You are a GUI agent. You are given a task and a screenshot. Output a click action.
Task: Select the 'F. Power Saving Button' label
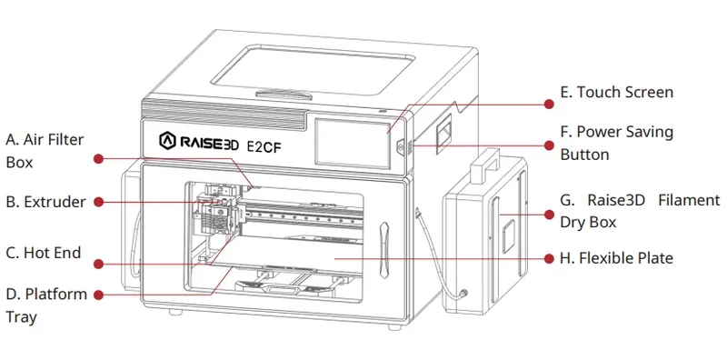pos(617,143)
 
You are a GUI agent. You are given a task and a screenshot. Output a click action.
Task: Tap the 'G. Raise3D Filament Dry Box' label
pos(640,210)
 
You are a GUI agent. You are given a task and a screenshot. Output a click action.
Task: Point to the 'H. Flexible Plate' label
pos(616,258)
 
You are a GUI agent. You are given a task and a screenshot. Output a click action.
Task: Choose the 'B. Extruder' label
pos(45,202)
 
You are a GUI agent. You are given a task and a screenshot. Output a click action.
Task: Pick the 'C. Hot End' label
pos(44,254)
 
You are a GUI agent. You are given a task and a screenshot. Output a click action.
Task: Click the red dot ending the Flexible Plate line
pos(548,258)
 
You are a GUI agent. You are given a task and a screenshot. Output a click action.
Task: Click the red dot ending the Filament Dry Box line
pos(548,215)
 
